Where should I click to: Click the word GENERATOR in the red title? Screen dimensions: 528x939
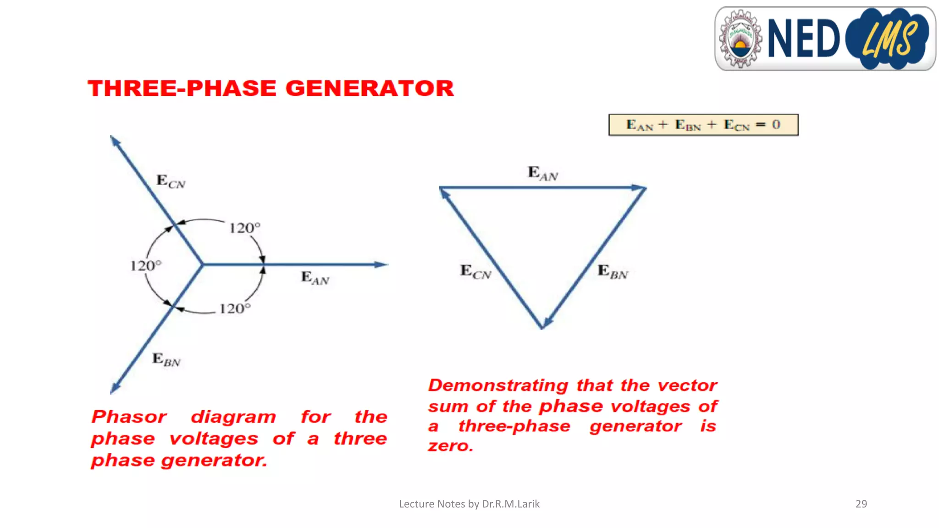coord(370,88)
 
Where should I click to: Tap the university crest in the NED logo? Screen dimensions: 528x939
coord(740,39)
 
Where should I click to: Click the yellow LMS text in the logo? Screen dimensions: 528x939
coord(889,39)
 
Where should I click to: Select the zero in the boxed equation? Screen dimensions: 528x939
coord(776,125)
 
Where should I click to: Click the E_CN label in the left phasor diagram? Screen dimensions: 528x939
coord(171,181)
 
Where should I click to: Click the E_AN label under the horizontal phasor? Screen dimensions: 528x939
coord(315,278)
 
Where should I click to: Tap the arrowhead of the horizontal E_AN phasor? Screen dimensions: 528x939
coord(381,264)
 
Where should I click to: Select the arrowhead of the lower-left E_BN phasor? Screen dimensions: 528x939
coord(115,389)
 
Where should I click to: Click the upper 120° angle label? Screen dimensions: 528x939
coord(244,228)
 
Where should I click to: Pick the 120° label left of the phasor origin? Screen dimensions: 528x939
coord(145,266)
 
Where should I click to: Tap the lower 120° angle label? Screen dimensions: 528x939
coord(235,308)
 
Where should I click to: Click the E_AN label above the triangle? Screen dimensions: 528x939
coord(542,174)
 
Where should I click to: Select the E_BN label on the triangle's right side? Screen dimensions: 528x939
coord(613,272)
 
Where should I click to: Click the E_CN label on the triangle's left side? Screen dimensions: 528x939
coord(475,272)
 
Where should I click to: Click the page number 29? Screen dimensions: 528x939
coord(861,504)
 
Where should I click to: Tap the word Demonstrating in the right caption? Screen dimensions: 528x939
coord(498,385)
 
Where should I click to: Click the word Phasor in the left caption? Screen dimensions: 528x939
coord(129,417)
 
